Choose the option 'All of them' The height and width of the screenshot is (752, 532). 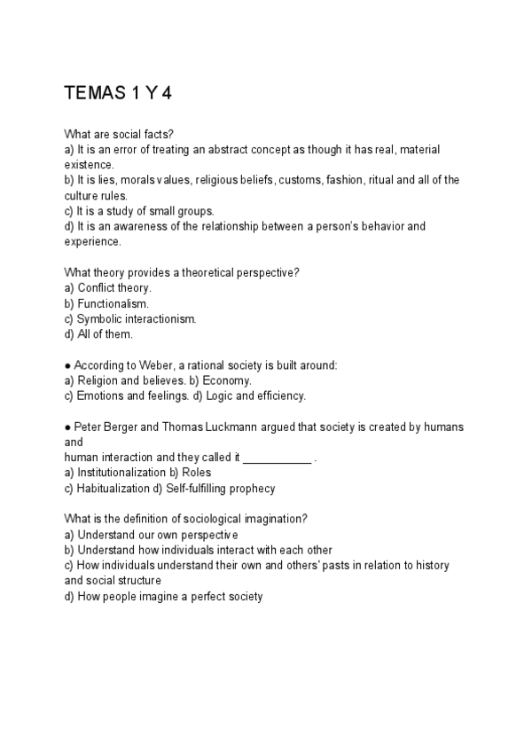click(105, 333)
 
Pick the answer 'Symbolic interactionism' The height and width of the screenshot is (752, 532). click(136, 318)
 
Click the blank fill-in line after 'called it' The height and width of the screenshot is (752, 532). click(278, 458)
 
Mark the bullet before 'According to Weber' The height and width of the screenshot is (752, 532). click(68, 365)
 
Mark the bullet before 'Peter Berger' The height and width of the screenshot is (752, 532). click(68, 427)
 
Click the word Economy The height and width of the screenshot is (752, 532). click(209, 380)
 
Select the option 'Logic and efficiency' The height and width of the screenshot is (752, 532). click(254, 396)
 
